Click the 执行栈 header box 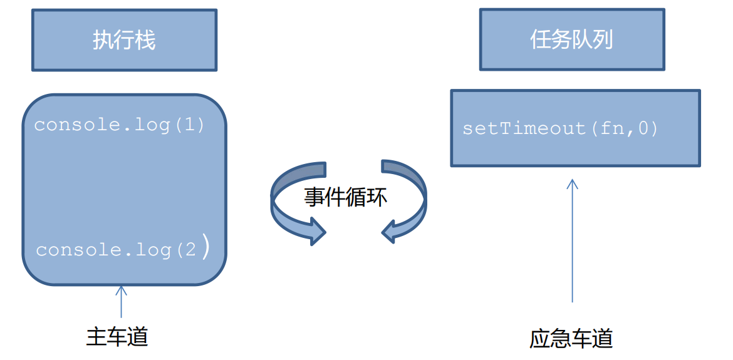124,40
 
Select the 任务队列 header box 571,40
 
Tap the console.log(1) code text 120,125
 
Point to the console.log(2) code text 123,250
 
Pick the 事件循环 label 346,197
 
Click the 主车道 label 117,337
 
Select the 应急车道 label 571,339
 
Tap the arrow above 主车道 121,301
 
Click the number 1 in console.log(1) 189,125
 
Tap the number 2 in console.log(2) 190,250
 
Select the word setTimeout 524,129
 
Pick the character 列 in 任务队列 603,40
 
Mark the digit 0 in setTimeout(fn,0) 645,129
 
